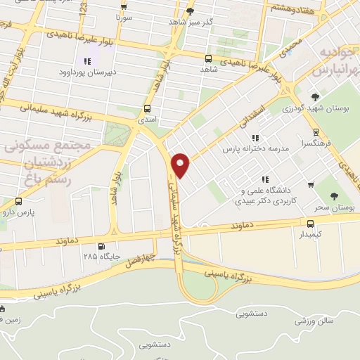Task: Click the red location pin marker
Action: [x=181, y=165]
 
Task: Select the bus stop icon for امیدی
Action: [x=147, y=109]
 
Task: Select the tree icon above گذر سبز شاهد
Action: [x=191, y=12]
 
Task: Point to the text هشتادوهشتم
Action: [x=290, y=8]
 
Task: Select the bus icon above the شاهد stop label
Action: [x=208, y=59]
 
